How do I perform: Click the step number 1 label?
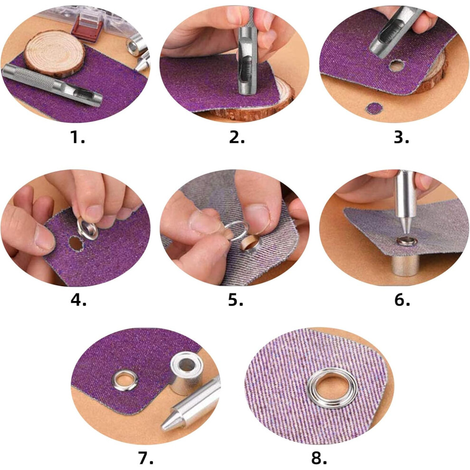pos(77,137)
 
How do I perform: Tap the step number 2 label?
pos(237,137)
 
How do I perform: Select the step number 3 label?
pos(401,137)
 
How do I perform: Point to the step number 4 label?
pos(78,300)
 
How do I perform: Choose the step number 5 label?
pos(235,300)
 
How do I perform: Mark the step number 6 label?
pos(402,300)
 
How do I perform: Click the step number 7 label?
pos(146,458)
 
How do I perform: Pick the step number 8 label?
pos(319,458)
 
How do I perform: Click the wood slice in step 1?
pos(54,54)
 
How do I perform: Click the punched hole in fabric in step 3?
pos(397,66)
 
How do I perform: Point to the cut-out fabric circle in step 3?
pos(375,109)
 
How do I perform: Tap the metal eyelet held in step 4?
pos(87,229)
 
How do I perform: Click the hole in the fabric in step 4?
pos(75,243)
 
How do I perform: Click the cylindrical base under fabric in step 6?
pos(405,265)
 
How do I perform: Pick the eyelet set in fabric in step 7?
pos(124,381)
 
